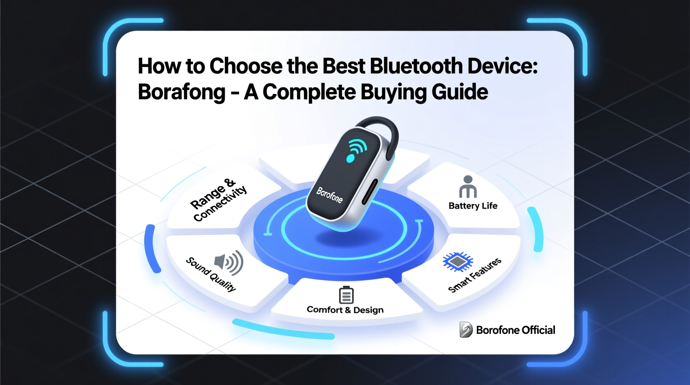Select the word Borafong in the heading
coord(182,92)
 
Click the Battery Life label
coord(473,206)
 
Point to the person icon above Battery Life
coord(468,187)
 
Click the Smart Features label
coord(475,275)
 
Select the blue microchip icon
coord(457,261)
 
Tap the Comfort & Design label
coord(345,310)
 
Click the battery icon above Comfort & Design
coord(346,295)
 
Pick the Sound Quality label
coord(211,274)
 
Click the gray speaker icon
coord(228,263)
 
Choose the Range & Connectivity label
coord(218,200)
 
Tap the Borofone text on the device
coord(330,195)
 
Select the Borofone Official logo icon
coord(466,330)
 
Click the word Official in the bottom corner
coord(538,330)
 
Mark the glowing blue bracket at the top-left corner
coord(120,33)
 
